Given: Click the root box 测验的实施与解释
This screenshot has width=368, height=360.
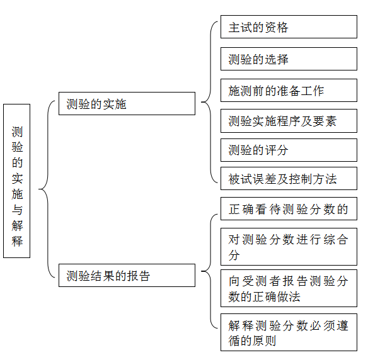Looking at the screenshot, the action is coord(16,181).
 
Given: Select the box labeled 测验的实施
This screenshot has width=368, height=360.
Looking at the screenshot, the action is coord(127,104).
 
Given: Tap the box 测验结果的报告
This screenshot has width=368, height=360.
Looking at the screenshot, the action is coord(127,276).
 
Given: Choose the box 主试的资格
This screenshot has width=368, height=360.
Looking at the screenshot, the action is coord(289,27).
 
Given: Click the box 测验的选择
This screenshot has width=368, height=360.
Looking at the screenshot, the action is coord(289,59).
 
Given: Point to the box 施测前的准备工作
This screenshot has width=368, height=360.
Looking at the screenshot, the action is coord(289,91).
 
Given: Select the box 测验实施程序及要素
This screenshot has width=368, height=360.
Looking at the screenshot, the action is coord(289,121).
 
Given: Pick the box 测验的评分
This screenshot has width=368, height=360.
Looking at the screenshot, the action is coord(289,150).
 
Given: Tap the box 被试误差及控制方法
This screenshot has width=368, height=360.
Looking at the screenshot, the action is coord(289,179).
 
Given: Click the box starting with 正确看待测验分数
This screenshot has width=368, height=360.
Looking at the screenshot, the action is coord(289,209).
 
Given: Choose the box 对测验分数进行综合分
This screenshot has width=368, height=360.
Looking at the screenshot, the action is coord(289,247).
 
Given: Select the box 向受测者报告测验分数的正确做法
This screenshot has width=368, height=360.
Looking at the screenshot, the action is coord(289,288).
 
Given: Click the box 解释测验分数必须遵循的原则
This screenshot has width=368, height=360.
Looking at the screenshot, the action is coord(289,332).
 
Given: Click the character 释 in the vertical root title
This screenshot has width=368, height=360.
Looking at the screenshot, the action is coord(17,241).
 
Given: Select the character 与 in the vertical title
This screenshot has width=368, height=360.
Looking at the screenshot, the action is coord(17,210).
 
